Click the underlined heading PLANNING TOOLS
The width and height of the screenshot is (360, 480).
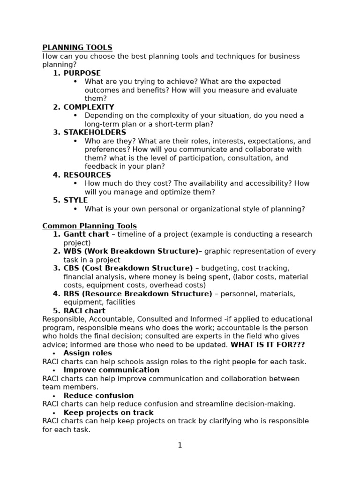(77, 47)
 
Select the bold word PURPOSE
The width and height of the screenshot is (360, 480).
(82, 73)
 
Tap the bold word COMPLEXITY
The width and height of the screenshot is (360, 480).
(89, 107)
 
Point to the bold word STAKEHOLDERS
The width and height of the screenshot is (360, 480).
(95, 133)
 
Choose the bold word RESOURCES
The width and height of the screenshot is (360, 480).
(87, 175)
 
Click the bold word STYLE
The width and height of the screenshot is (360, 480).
(75, 200)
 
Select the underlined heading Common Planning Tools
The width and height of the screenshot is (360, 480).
(90, 226)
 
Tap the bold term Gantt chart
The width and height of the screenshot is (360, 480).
(86, 234)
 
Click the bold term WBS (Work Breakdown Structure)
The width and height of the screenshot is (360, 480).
(131, 251)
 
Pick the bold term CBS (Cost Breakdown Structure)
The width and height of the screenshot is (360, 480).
(128, 268)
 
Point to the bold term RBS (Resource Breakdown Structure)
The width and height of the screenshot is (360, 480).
(138, 294)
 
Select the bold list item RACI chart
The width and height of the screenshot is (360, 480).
(84, 311)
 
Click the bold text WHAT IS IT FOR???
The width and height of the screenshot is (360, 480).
(268, 345)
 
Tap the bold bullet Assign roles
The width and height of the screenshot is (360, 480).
(88, 353)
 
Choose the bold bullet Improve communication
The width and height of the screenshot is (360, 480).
(112, 370)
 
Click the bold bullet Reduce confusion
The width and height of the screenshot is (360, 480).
(98, 396)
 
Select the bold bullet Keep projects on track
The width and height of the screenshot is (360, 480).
(108, 412)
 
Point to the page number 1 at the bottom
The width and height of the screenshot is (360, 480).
(180, 445)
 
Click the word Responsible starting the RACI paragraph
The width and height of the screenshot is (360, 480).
(60, 319)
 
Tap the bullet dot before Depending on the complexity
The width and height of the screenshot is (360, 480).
(75, 115)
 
